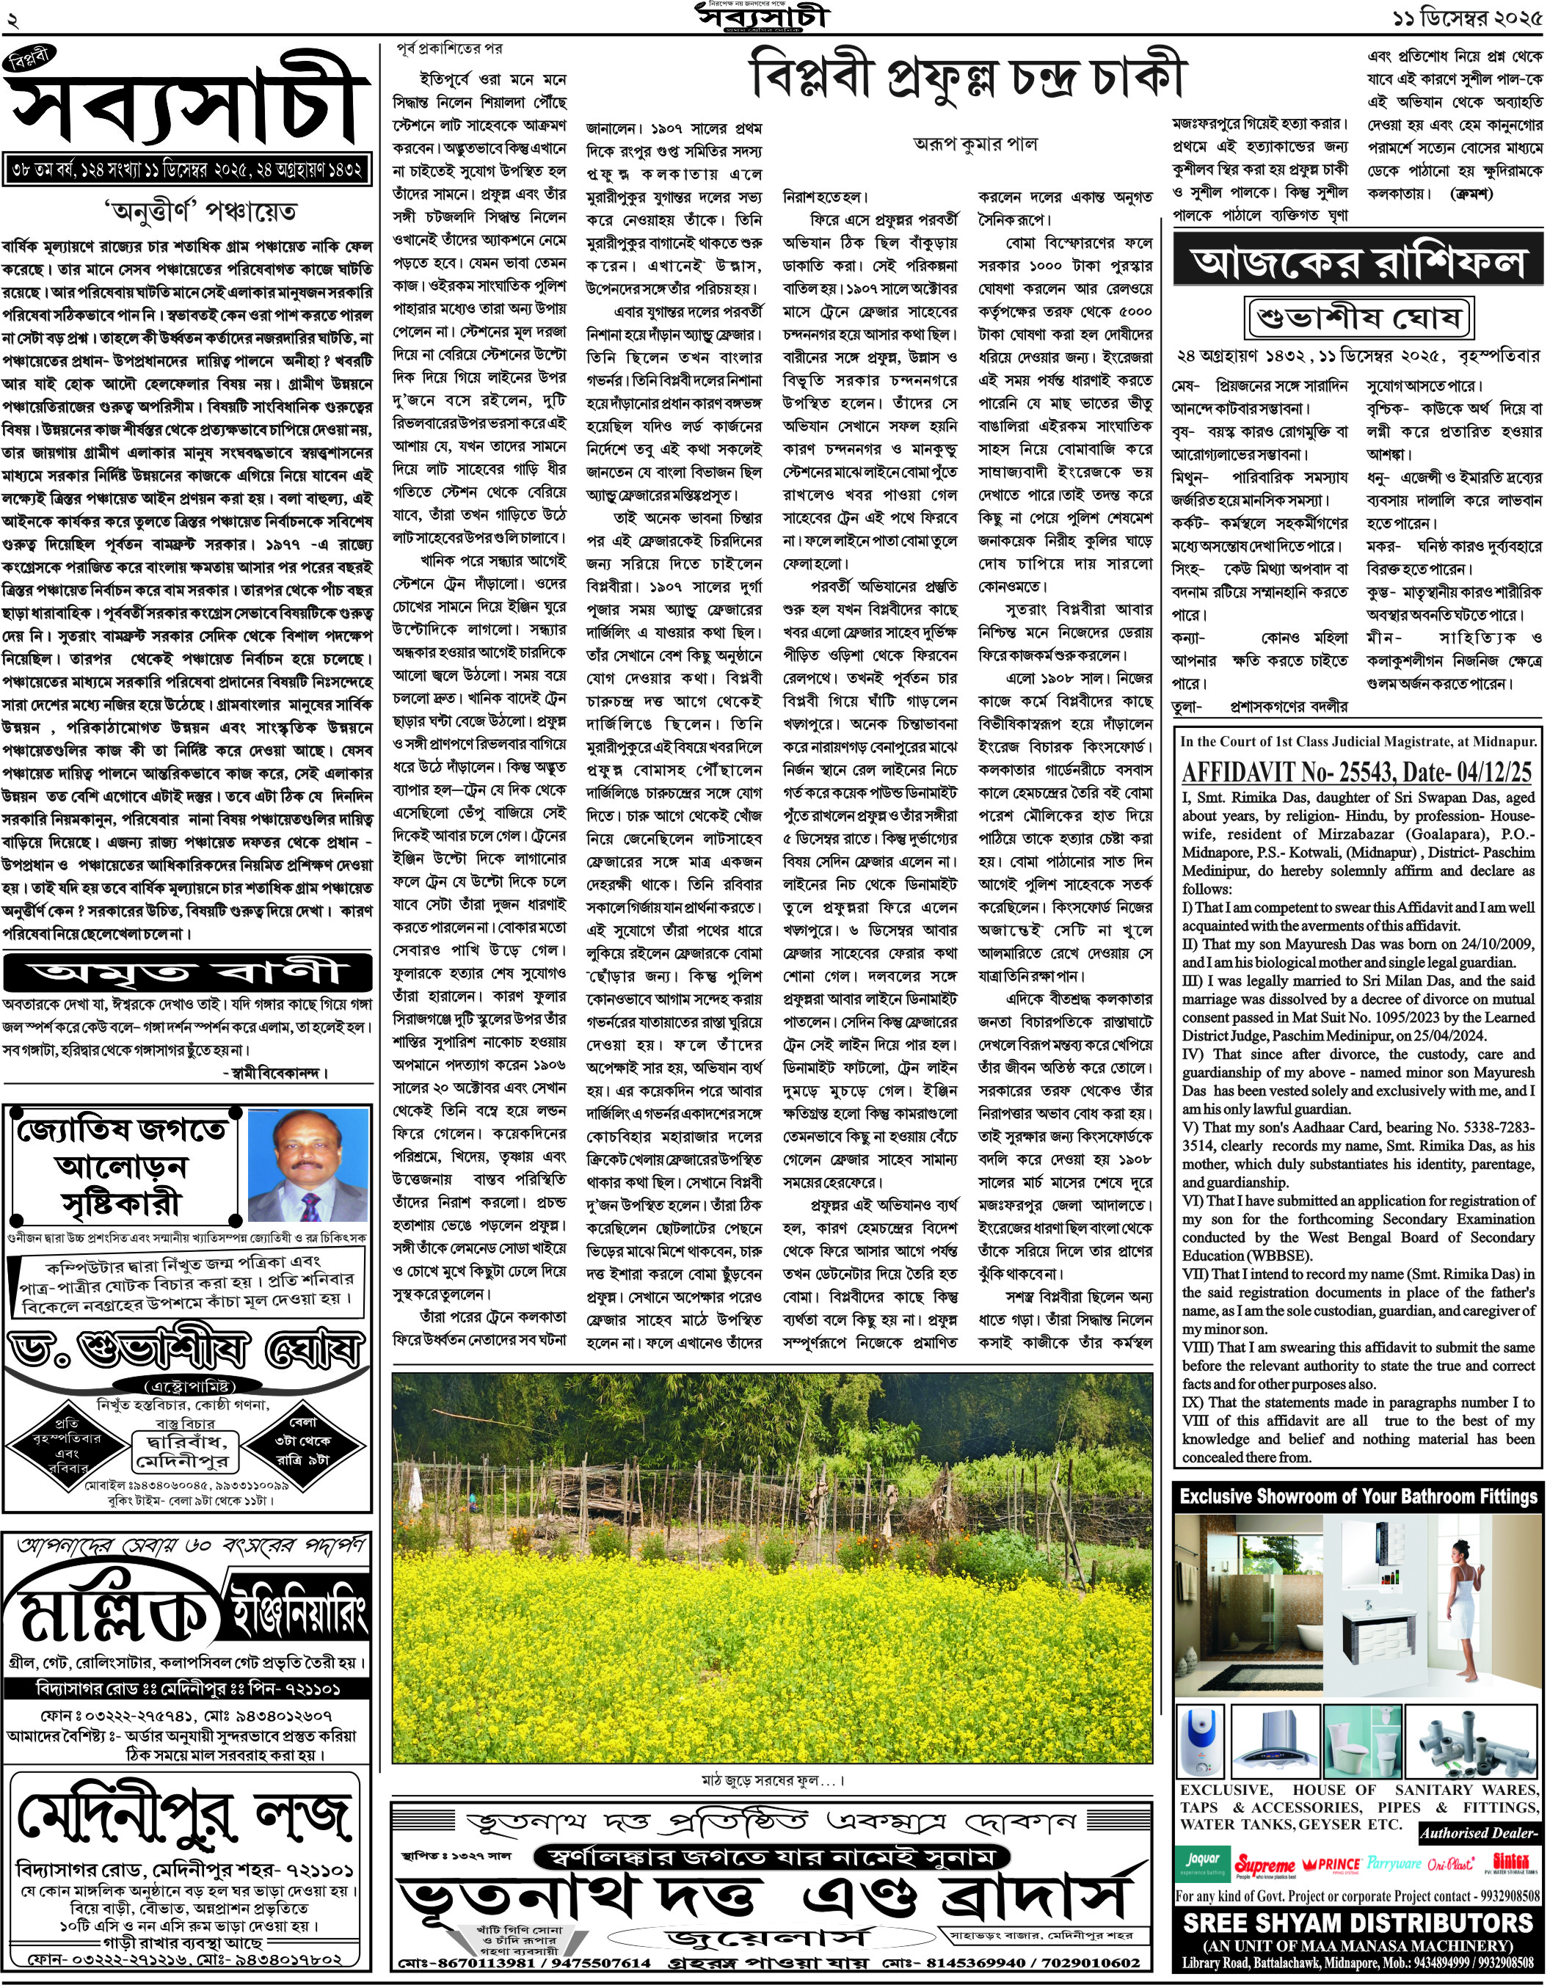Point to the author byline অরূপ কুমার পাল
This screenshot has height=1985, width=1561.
click(975, 144)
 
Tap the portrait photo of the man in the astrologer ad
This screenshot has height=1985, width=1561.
click(309, 1167)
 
